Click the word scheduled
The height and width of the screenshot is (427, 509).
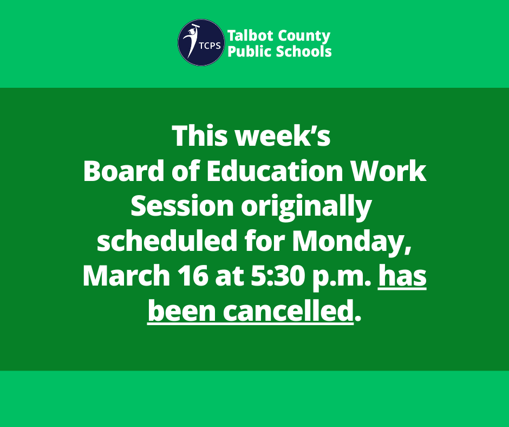[x=166, y=241]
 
